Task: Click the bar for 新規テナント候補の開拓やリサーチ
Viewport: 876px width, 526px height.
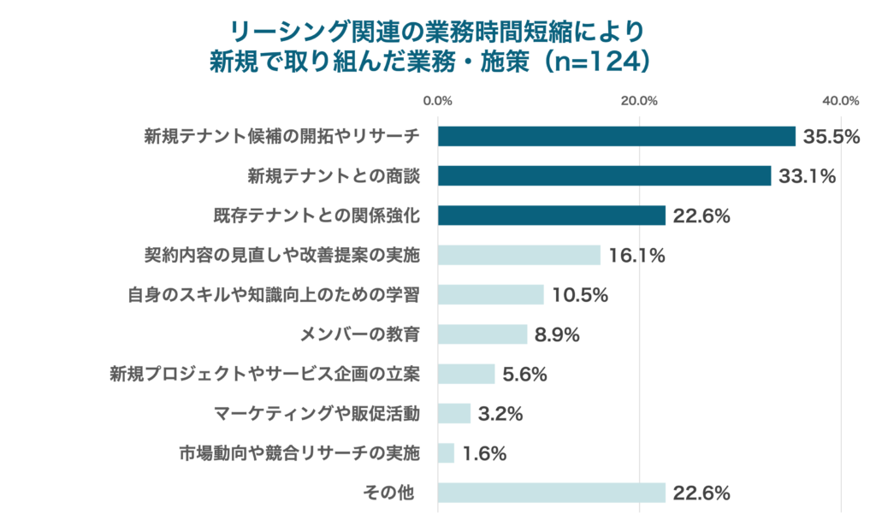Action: [x=617, y=136]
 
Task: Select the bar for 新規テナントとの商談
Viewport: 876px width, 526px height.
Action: [x=605, y=176]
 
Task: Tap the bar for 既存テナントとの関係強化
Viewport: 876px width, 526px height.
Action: [x=552, y=216]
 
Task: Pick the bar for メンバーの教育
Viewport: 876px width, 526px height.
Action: [x=482, y=334]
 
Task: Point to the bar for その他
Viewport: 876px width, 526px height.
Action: [x=552, y=493]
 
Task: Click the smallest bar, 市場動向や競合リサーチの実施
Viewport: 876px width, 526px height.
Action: [x=446, y=453]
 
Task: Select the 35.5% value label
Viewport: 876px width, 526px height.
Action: [x=831, y=137]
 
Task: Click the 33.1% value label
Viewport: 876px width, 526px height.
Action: [x=807, y=176]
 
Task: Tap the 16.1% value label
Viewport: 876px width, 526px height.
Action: [x=637, y=255]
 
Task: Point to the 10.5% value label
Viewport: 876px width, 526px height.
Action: [x=580, y=295]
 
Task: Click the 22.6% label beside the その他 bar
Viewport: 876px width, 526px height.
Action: [x=701, y=493]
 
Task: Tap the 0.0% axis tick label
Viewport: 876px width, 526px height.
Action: [x=438, y=101]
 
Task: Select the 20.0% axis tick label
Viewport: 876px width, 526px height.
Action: [x=639, y=101]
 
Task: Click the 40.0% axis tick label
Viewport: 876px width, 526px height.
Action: [x=840, y=101]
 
